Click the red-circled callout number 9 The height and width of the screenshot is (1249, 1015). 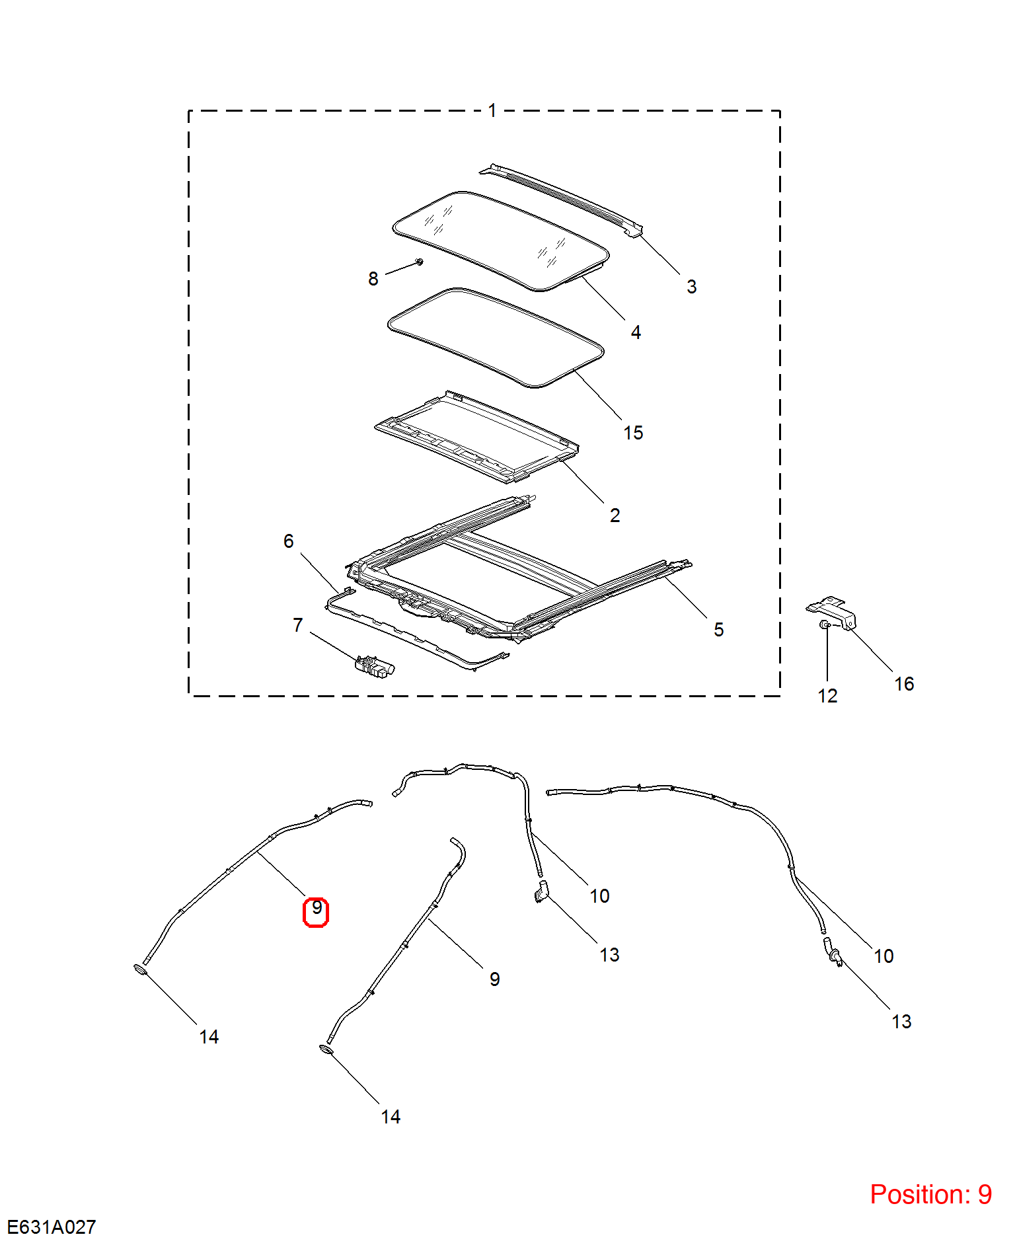(x=317, y=908)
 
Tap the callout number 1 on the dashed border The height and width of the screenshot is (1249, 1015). (x=492, y=110)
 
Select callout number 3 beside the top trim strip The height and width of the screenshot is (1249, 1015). (x=691, y=286)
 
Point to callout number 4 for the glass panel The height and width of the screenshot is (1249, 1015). (x=636, y=332)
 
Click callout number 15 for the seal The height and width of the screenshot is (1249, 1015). (x=633, y=433)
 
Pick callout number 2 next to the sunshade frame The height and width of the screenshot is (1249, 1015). (x=615, y=515)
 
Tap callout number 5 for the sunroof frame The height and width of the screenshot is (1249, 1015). (x=718, y=629)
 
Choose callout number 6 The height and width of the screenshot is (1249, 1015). (x=288, y=541)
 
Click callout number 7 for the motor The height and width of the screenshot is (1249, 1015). (x=297, y=625)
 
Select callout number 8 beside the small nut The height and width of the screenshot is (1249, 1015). (x=373, y=279)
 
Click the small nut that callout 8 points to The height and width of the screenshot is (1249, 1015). (x=420, y=262)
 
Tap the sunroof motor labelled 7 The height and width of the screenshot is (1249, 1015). (x=375, y=667)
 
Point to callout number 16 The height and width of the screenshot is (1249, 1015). (x=904, y=684)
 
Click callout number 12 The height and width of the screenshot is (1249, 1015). (x=827, y=696)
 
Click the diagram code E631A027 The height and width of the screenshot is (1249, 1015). (x=52, y=1227)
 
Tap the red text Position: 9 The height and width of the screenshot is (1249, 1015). (x=930, y=1194)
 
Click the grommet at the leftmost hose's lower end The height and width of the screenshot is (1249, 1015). (x=140, y=970)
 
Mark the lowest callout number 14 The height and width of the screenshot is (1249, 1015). (x=391, y=1117)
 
